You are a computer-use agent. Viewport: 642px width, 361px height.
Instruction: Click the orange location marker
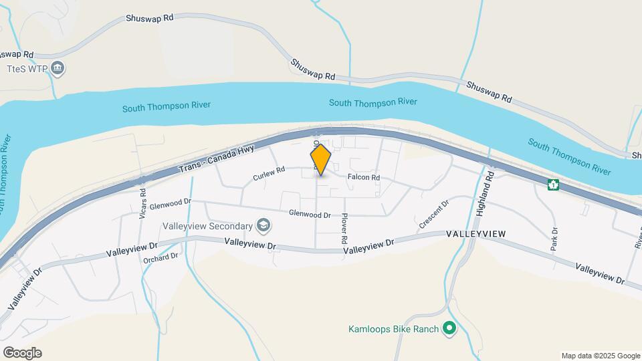pyautogui.click(x=321, y=159)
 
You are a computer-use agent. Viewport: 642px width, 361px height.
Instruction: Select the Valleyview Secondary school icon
pyautogui.click(x=264, y=225)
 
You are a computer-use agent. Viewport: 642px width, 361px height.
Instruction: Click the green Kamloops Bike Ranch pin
pyautogui.click(x=450, y=328)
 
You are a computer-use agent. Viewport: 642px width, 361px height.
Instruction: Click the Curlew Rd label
pyautogui.click(x=270, y=176)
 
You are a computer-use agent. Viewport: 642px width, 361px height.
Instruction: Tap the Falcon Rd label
pyautogui.click(x=363, y=178)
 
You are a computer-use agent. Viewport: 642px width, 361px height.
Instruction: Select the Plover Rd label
pyautogui.click(x=344, y=228)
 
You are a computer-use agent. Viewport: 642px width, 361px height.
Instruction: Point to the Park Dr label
pyautogui.click(x=554, y=239)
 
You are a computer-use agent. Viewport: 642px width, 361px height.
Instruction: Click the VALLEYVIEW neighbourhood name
pyautogui.click(x=475, y=234)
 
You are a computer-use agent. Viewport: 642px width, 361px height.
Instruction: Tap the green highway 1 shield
pyautogui.click(x=553, y=184)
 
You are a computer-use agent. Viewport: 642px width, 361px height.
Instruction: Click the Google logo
pyautogui.click(x=22, y=353)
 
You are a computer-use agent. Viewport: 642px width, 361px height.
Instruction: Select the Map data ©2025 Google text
pyautogui.click(x=601, y=356)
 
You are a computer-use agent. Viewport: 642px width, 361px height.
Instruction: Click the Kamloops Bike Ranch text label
pyautogui.click(x=394, y=329)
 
